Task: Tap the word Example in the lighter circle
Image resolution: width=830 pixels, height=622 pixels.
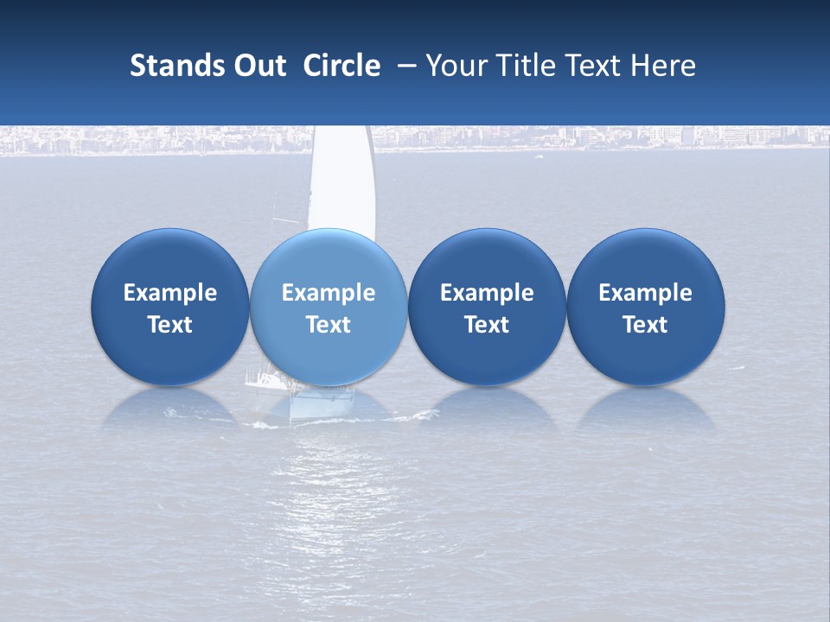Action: pos(329,293)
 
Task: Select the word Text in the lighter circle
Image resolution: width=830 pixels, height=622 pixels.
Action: pos(329,325)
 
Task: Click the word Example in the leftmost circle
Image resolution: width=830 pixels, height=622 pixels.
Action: pos(170,293)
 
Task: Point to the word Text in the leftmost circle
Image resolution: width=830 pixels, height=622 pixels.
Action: pos(170,325)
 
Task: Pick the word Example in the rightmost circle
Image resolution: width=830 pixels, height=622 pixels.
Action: pos(645,293)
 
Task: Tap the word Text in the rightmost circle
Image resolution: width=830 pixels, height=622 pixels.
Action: pos(645,325)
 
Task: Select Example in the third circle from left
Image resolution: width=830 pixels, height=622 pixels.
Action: pos(487,293)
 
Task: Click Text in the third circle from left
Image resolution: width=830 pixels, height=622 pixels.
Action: pos(487,325)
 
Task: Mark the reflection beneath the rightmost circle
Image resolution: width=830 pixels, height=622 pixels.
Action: pos(645,410)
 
